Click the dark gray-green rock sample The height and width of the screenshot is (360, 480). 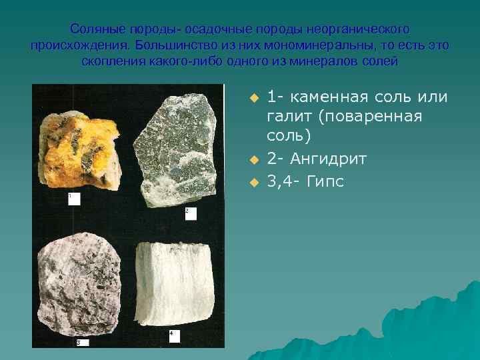click(177, 150)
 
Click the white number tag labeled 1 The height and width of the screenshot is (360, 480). click(73, 199)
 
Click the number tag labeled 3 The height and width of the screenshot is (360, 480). click(82, 342)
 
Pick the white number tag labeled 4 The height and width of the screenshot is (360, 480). click(174, 335)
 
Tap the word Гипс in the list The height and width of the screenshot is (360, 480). click(326, 181)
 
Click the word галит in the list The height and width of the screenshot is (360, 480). click(290, 117)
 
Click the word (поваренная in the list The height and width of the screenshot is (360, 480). click(371, 117)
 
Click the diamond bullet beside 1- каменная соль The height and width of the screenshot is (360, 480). click(253, 98)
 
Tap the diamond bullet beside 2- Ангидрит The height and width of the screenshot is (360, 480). click(253, 160)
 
